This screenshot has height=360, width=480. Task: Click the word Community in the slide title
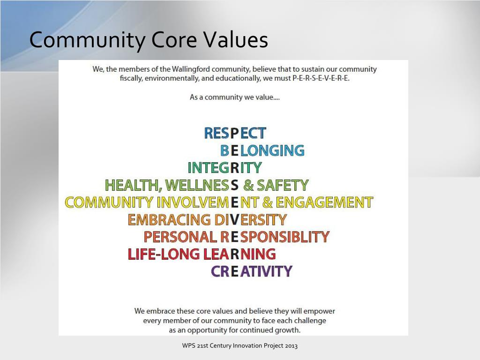click(x=87, y=40)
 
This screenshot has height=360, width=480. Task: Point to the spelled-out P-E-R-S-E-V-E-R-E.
click(x=321, y=78)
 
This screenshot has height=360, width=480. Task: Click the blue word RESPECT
click(x=235, y=133)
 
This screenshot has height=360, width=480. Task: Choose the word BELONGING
click(x=262, y=150)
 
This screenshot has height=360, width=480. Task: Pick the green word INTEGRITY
click(x=225, y=168)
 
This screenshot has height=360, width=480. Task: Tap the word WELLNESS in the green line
click(x=201, y=185)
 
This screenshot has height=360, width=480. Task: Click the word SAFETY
click(x=282, y=185)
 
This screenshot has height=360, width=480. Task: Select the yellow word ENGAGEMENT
click(x=324, y=202)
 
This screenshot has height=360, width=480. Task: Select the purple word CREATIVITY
click(x=252, y=271)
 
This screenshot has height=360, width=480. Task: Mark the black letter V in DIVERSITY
click(x=234, y=219)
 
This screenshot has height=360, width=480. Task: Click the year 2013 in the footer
click(x=290, y=346)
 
